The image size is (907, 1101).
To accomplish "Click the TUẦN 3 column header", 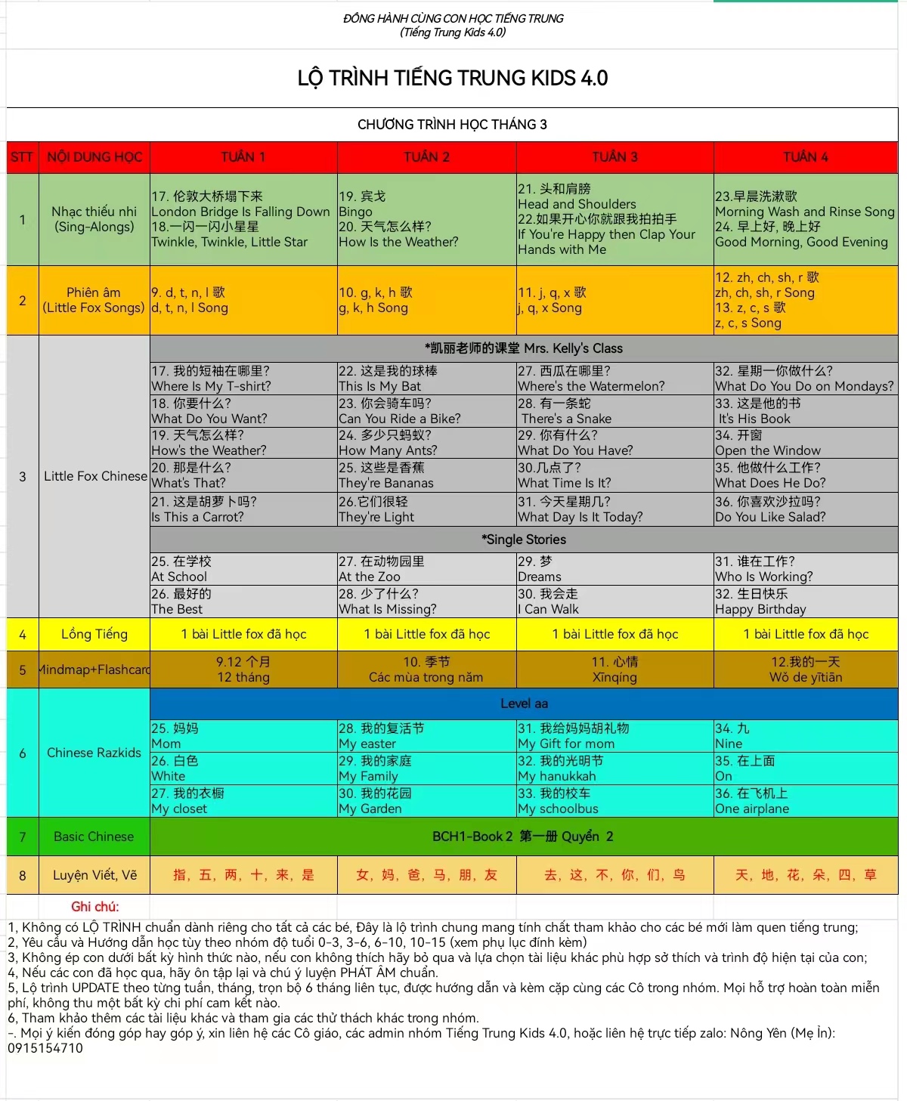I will coord(614,157).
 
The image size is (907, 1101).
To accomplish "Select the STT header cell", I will coord(22,157).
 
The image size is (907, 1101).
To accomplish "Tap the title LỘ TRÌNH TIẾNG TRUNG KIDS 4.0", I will coord(452,78).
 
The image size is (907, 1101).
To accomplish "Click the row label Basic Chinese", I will coord(94,837).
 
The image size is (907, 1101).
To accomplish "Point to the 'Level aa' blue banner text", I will coord(524,704).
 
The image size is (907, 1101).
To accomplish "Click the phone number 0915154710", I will coord(45,1048).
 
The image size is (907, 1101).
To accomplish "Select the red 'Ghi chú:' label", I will coord(95,906).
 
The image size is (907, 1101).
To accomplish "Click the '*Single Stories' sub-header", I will coord(524,540).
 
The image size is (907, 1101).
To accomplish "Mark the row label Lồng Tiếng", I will coord(94,634).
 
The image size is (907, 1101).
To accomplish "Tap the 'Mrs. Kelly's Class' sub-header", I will coord(524,348).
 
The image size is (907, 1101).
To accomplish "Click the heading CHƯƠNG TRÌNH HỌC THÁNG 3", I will coord(452,125).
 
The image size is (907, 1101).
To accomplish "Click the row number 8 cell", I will coord(22,875).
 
